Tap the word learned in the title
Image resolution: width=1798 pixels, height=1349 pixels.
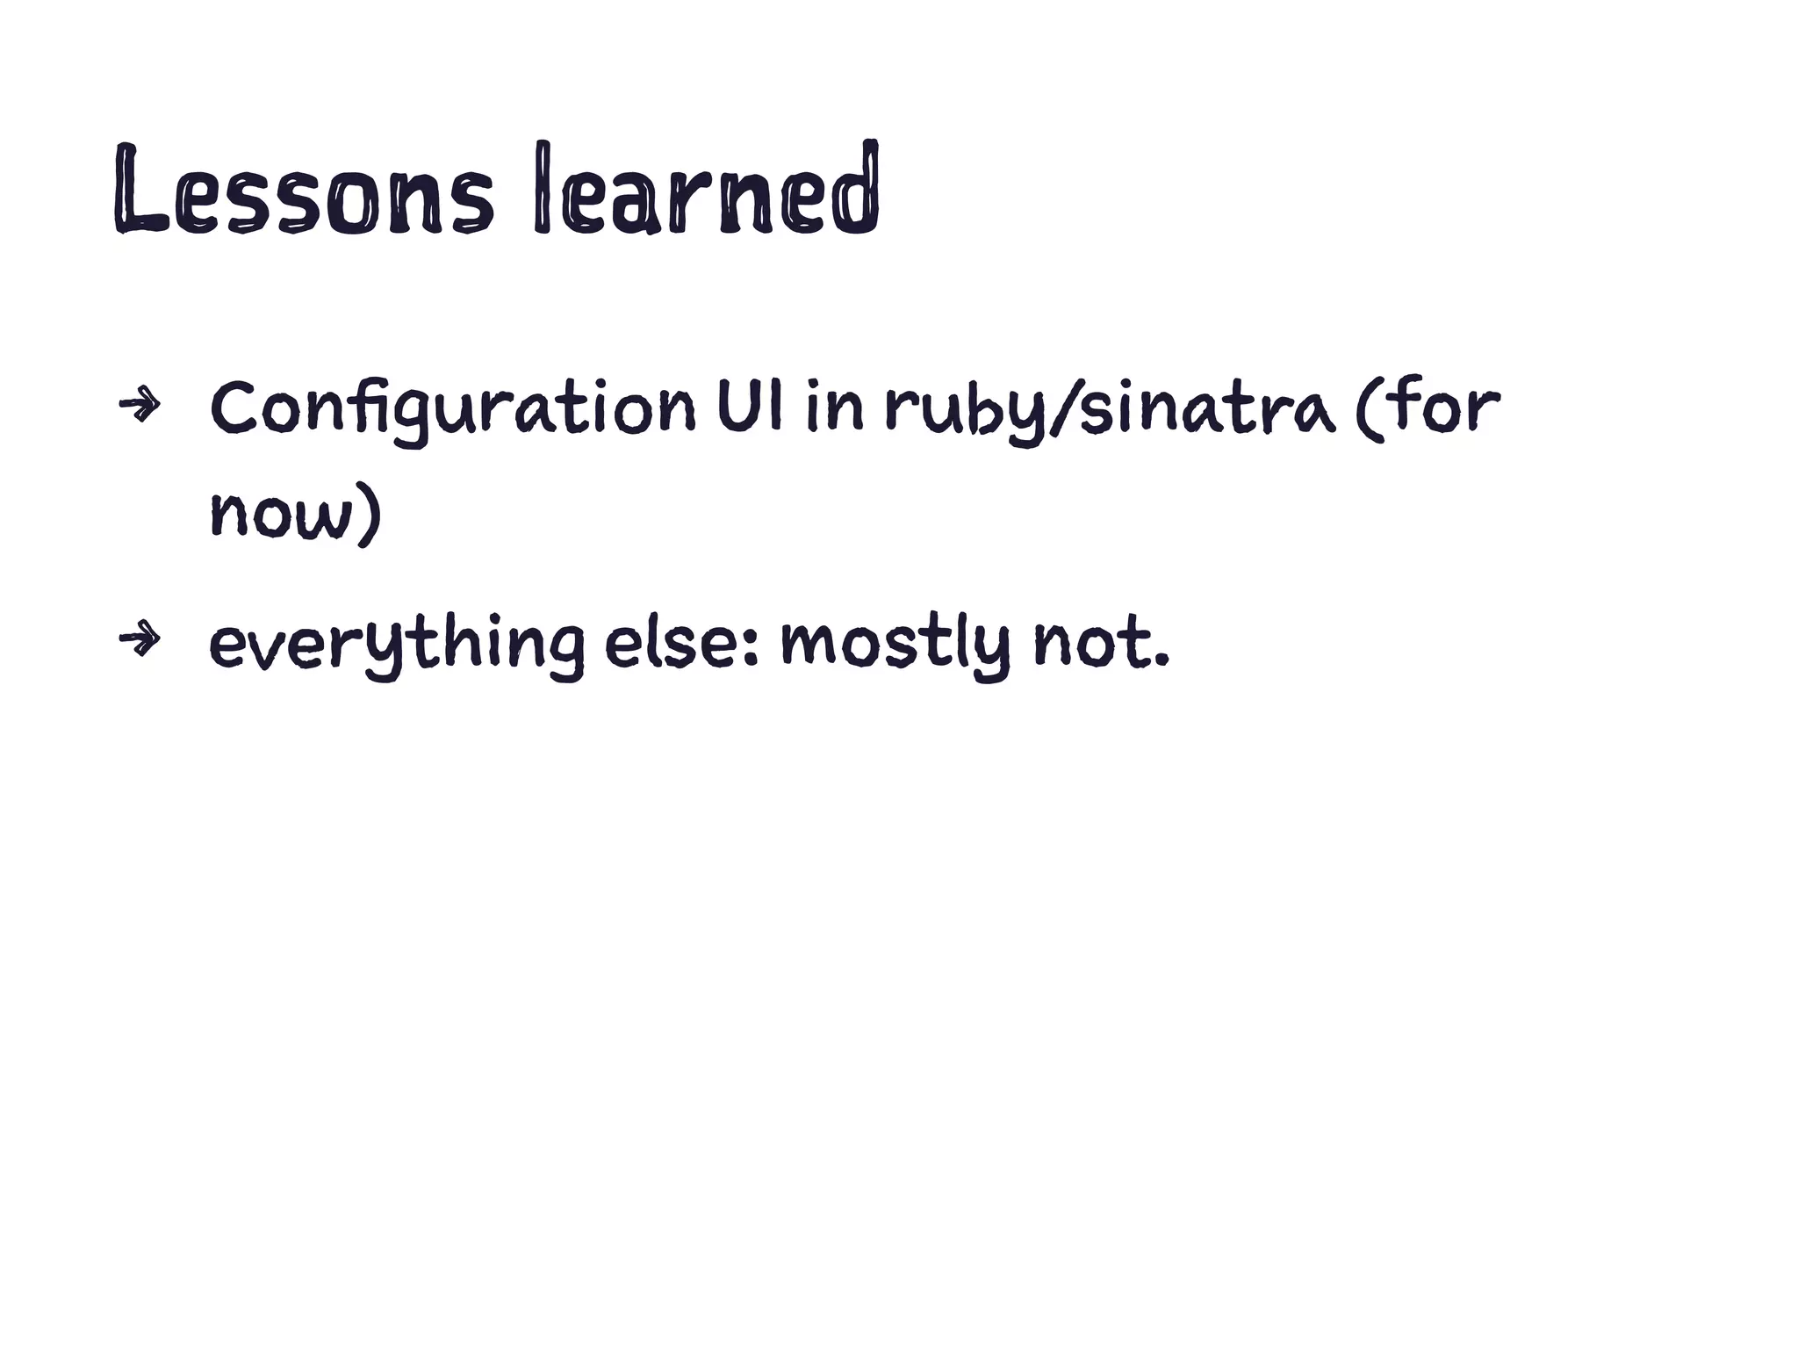tap(706, 190)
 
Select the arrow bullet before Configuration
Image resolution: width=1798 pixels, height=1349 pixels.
tap(140, 405)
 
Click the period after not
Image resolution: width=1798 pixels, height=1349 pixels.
tap(1163, 660)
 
